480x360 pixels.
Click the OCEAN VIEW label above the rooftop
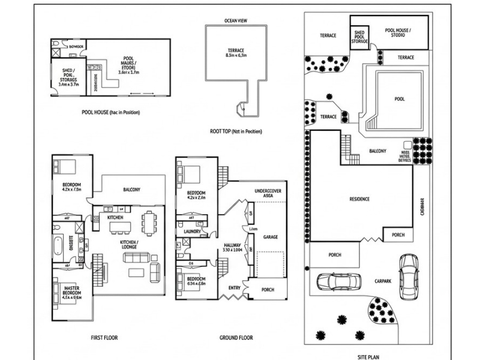click(x=235, y=20)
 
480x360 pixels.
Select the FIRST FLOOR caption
click(x=104, y=338)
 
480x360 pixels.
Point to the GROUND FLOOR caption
click(x=236, y=338)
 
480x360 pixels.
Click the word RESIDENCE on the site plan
click(x=359, y=199)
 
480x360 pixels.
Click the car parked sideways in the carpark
click(x=340, y=281)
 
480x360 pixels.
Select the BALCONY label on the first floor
click(x=132, y=190)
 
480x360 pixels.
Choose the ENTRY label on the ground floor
click(x=233, y=288)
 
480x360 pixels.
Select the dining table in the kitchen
click(x=148, y=224)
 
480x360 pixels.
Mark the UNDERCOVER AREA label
click(x=268, y=194)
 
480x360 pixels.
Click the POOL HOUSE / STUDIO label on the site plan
click(x=398, y=32)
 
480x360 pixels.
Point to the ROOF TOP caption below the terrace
click(x=237, y=131)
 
